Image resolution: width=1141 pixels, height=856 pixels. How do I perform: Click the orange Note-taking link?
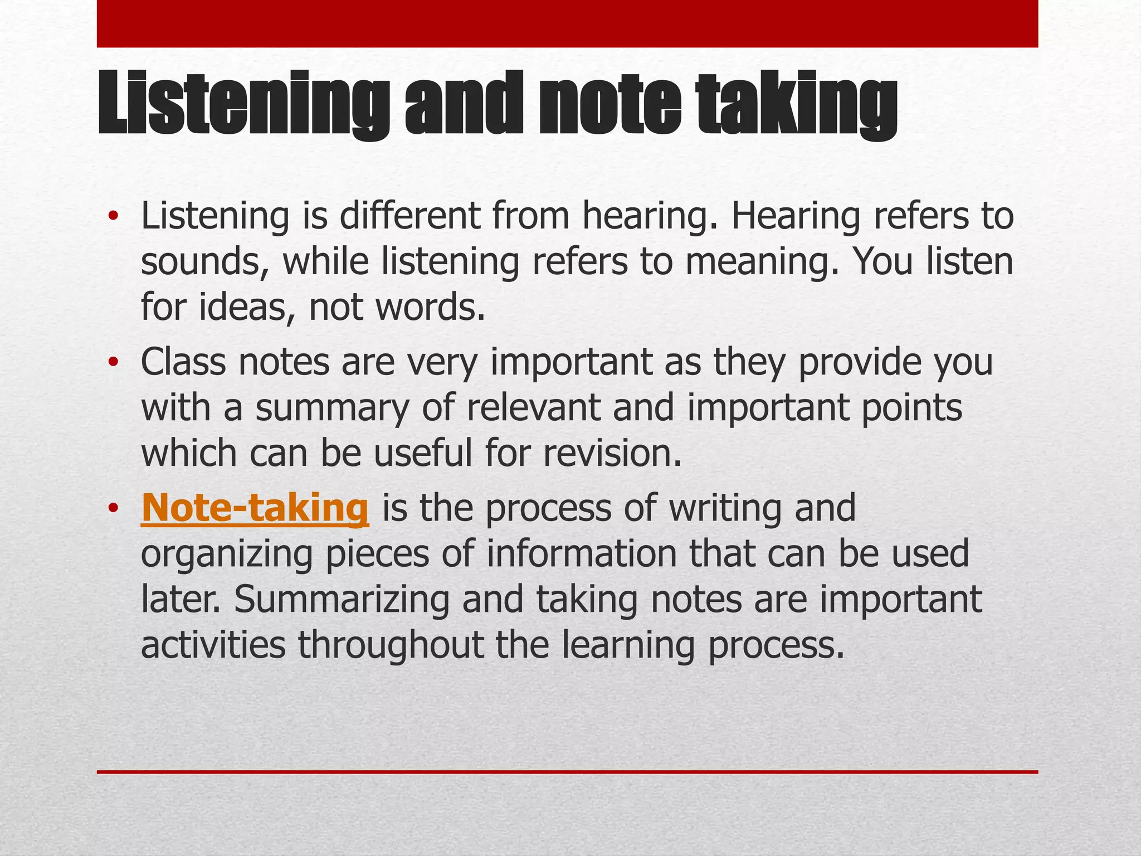click(255, 508)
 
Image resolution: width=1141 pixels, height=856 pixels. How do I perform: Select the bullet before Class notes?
click(113, 363)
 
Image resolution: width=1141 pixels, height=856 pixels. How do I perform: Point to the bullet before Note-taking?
click(113, 509)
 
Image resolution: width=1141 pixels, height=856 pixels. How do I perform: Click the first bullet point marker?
click(113, 217)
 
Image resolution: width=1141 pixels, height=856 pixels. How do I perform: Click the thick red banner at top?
click(567, 23)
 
